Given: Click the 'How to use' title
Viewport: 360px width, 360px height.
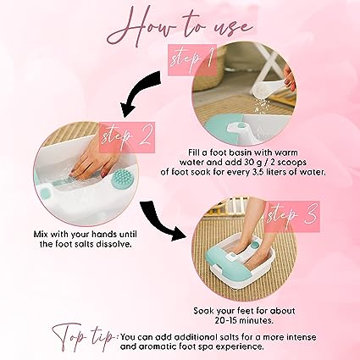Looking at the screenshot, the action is click(180, 27).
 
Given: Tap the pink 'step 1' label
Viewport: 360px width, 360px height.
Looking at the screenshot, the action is click(192, 59).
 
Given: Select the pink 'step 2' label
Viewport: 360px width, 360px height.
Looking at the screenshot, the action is click(127, 137).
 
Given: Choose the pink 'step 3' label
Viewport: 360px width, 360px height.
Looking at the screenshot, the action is click(292, 216).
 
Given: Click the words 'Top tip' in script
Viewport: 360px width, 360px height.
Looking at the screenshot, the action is click(85, 336).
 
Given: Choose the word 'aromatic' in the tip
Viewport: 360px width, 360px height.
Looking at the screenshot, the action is click(154, 346).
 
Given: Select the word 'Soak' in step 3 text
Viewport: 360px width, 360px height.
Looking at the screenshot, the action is click(204, 311).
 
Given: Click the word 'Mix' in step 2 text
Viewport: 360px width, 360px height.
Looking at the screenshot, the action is click(41, 235).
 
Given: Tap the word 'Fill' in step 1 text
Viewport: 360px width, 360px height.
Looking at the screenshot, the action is click(194, 152).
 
